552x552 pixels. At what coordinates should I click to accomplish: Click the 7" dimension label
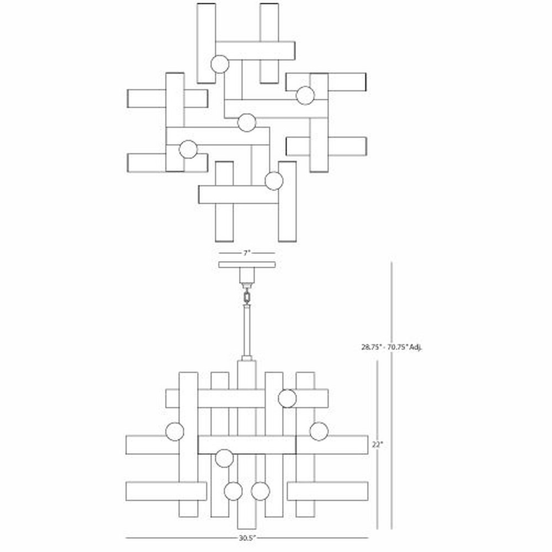tap(246, 253)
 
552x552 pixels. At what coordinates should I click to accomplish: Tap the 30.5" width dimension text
tap(247, 538)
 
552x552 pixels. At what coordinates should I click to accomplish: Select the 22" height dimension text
tap(377, 444)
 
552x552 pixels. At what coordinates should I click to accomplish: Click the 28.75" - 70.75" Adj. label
tap(392, 347)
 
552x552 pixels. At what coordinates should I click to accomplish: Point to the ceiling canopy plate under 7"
tap(247, 264)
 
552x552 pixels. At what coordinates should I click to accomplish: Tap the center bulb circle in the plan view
tap(247, 123)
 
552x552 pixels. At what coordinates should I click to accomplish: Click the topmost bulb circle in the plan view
tap(220, 64)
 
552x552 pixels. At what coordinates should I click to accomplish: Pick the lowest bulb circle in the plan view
tap(274, 181)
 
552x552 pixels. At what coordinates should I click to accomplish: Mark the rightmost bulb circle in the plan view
tap(305, 95)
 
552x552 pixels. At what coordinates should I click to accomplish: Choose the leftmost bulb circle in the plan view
tap(188, 149)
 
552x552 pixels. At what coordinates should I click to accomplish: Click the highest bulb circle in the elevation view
tap(287, 399)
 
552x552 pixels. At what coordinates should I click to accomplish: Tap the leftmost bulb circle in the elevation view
tap(174, 432)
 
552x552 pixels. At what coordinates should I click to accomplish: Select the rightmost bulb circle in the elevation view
tap(319, 431)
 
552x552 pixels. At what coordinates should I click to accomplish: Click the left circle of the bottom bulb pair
tap(233, 491)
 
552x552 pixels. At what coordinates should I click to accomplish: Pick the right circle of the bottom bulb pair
tap(261, 491)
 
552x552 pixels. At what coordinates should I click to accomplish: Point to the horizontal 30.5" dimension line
tap(247, 538)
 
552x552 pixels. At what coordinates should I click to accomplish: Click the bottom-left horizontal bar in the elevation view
tap(166, 491)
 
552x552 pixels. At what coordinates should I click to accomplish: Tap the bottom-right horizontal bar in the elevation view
tap(328, 491)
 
